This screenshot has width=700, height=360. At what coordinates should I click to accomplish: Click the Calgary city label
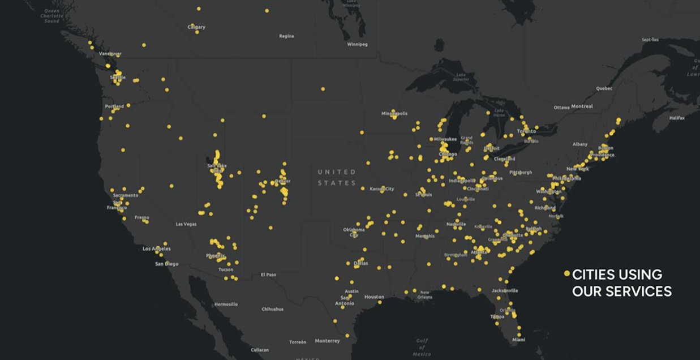coord(196,27)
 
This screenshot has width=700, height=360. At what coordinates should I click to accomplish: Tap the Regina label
coord(286,36)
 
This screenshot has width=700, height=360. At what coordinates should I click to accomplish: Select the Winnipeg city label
coord(358,44)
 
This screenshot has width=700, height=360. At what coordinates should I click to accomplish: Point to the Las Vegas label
coord(186,224)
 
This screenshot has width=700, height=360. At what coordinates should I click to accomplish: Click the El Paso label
coord(268,275)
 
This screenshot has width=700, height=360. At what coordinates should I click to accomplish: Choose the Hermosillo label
coord(226,305)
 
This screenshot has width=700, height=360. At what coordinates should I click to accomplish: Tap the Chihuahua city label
coord(273,309)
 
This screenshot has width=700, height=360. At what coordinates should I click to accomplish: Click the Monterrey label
coord(327,341)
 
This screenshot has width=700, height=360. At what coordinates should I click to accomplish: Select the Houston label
coord(374,297)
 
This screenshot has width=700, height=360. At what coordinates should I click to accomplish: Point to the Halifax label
coord(677,118)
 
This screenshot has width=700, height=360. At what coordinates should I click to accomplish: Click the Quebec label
coord(604,88)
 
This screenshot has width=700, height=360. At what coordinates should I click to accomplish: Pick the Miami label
coord(518,340)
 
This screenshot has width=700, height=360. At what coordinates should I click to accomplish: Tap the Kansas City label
coord(381,188)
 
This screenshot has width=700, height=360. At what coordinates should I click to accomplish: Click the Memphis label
coord(425,236)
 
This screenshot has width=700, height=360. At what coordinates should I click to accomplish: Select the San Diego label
coord(167,264)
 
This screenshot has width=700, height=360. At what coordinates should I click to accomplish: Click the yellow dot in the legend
coord(566,273)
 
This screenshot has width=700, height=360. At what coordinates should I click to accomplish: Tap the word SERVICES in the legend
coord(639,292)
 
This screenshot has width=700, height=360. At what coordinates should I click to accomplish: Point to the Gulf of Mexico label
coord(422,347)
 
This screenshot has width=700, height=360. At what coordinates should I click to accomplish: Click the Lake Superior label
coord(461,76)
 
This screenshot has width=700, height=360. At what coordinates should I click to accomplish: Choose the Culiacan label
coord(260,350)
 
